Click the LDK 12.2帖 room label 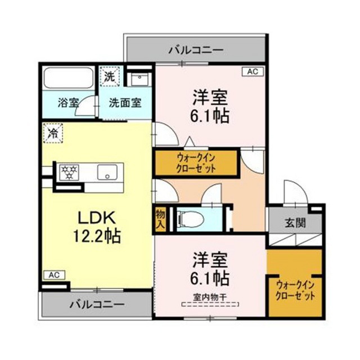click(x=94, y=225)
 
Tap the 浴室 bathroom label click(x=68, y=103)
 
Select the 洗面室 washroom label click(x=125, y=103)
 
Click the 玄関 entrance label click(x=295, y=222)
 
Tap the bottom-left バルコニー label click(x=97, y=305)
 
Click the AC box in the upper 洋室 click(x=251, y=72)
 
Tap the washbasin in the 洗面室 click(x=137, y=79)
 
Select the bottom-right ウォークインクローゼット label click(x=295, y=290)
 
